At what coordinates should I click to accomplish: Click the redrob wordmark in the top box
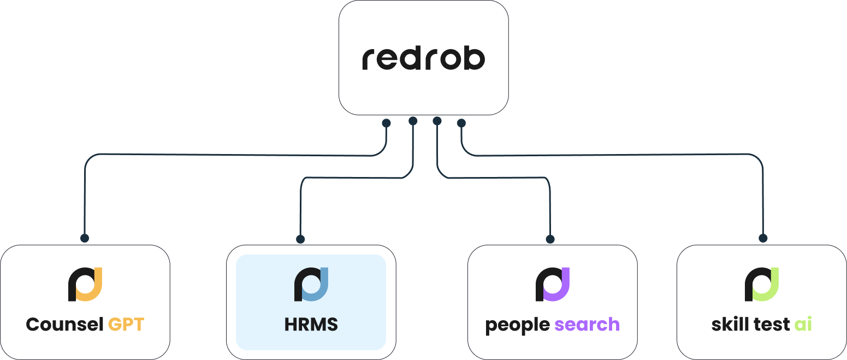(x=423, y=58)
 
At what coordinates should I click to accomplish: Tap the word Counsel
(x=64, y=324)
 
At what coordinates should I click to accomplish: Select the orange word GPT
(x=126, y=324)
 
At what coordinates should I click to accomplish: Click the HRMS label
(x=311, y=324)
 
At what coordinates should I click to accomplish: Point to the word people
(x=518, y=325)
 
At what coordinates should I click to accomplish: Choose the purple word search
(x=587, y=324)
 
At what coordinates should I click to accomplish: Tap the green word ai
(x=803, y=324)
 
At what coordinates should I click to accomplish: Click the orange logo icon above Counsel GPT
(x=85, y=284)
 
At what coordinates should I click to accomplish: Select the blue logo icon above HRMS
(x=311, y=284)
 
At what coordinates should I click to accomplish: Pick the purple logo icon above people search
(x=553, y=284)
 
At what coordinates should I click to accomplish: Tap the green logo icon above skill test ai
(x=762, y=284)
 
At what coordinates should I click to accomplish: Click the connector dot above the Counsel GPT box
(x=85, y=238)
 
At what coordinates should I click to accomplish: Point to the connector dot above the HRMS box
(x=300, y=239)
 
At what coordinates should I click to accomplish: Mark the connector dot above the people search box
(x=550, y=239)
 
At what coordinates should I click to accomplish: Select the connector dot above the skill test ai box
(x=763, y=238)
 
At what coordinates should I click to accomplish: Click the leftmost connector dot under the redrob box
(x=386, y=123)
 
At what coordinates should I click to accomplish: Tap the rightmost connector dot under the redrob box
(x=461, y=123)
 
